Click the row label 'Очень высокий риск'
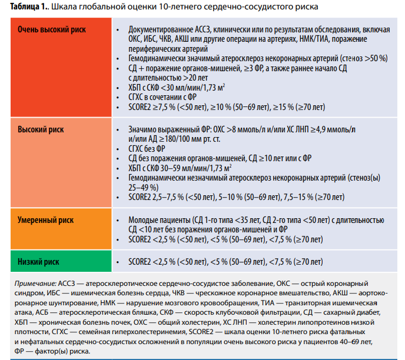point(52,29)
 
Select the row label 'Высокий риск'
point(41,129)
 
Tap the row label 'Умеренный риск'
point(45,220)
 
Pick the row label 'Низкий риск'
point(38,262)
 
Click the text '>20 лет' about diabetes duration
point(195,78)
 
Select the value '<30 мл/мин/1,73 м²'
point(193,88)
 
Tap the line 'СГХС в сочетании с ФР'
point(162,97)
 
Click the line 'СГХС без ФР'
point(147,149)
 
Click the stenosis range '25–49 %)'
point(144,188)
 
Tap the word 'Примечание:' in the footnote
point(35,284)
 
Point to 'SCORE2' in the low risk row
point(140,262)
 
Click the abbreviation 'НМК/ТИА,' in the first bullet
point(314,39)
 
